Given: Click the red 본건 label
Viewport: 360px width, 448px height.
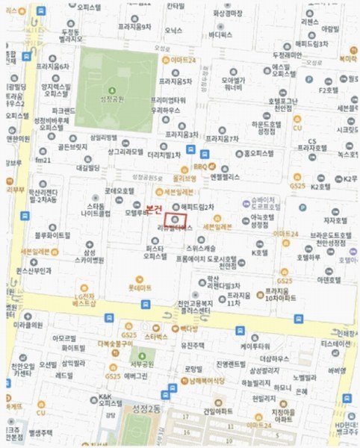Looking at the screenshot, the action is [154, 211].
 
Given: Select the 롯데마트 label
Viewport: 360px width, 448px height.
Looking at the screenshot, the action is [140, 287].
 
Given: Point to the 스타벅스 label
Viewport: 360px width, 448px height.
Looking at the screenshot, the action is [156, 337].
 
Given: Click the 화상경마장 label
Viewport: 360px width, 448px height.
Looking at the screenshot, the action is [229, 13].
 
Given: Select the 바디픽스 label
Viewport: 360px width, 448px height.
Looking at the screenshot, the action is [221, 34].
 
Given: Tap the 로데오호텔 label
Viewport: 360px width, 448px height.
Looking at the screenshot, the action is [119, 190].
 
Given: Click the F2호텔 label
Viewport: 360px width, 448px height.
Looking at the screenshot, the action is [329, 90].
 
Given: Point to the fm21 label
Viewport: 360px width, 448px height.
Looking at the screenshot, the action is [43, 160].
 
